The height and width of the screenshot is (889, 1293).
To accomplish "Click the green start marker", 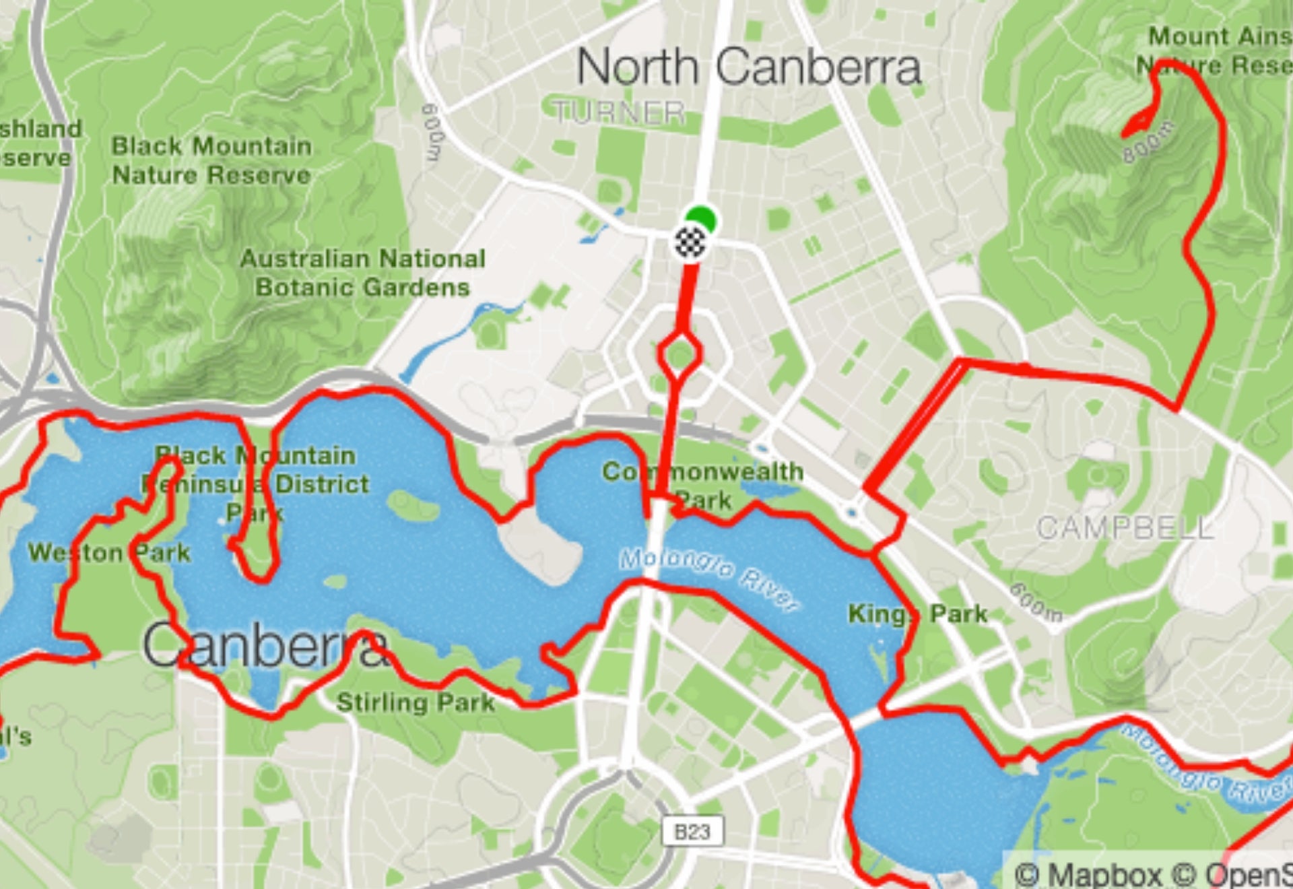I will (702, 219).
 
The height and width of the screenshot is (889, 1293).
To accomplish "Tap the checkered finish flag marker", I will (690, 242).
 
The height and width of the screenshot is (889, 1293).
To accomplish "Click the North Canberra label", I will (749, 67).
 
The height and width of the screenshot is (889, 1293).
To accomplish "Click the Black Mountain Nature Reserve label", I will (211, 160).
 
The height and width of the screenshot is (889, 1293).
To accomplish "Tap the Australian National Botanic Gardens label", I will (363, 273).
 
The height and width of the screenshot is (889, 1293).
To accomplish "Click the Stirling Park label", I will (416, 702).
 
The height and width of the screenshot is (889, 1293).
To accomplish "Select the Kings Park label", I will (917, 614).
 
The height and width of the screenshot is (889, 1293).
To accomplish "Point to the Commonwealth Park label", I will (702, 485).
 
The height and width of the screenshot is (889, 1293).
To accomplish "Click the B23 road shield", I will (692, 832).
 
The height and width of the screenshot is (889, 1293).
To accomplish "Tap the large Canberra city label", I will (266, 645).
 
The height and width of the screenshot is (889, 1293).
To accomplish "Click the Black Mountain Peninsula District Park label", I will (256, 484).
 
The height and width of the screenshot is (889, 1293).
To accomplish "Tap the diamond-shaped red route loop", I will (680, 355).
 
